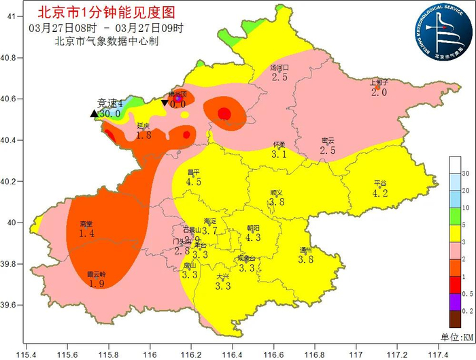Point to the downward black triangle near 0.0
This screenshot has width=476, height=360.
tap(165, 103)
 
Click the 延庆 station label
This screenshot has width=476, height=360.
tap(143, 126)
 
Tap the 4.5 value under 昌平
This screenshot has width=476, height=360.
tap(194, 182)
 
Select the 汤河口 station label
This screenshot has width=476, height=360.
tap(279, 68)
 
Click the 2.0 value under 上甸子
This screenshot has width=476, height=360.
tap(379, 92)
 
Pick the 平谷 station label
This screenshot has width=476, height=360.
tap(380, 184)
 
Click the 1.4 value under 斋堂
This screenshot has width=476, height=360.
tap(86, 233)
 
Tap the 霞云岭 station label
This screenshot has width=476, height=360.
tap(96, 275)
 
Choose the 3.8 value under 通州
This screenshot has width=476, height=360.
tap(306, 259)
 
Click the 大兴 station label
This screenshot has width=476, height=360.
tap(223, 277)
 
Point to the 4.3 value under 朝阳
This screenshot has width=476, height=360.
tap(253, 238)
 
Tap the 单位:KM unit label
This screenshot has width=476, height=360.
tap(459, 338)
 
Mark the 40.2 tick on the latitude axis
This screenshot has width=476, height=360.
tap(12, 182)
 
